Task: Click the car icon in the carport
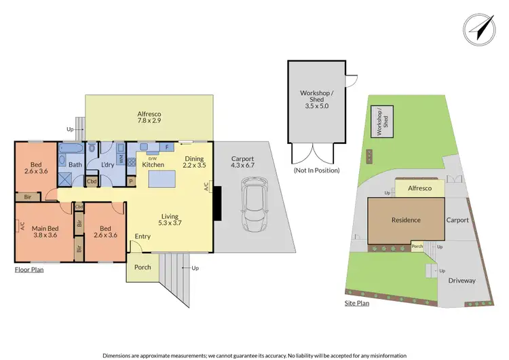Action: (257, 201)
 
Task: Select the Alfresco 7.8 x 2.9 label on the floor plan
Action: (148, 120)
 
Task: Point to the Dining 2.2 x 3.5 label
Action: (194, 163)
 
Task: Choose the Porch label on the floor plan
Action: (143, 268)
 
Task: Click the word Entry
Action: (143, 236)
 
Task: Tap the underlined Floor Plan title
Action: (29, 270)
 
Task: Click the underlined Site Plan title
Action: (356, 303)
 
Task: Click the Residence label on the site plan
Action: (406, 219)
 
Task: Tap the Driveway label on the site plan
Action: (461, 281)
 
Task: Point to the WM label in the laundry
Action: (121, 159)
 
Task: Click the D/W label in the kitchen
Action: (143, 158)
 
